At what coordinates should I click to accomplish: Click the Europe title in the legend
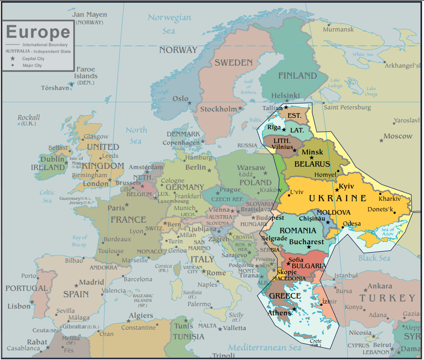[x=38, y=32]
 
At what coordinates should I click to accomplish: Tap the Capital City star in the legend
[x=13, y=58]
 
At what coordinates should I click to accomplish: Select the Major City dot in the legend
[x=13, y=65]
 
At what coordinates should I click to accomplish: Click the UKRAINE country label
[x=338, y=198]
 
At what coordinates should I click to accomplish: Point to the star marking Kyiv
[x=337, y=190]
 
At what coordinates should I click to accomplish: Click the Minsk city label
[x=312, y=152]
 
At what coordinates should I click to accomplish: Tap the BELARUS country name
[x=312, y=164]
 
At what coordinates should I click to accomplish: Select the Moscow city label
[x=398, y=136]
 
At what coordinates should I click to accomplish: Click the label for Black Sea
[x=374, y=258]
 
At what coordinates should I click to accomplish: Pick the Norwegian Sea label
[x=169, y=24]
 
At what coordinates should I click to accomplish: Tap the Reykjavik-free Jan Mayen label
[x=89, y=15]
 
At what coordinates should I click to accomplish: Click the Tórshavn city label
[x=55, y=88]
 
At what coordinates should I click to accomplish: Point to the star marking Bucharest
[x=309, y=247]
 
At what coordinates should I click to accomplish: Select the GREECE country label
[x=285, y=296]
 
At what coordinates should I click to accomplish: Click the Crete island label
[x=316, y=341]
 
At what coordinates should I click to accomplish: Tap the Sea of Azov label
[x=387, y=232]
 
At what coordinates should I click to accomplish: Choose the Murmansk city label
[x=338, y=29]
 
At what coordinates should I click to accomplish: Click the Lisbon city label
[x=19, y=306]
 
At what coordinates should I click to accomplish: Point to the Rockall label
[x=29, y=118]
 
